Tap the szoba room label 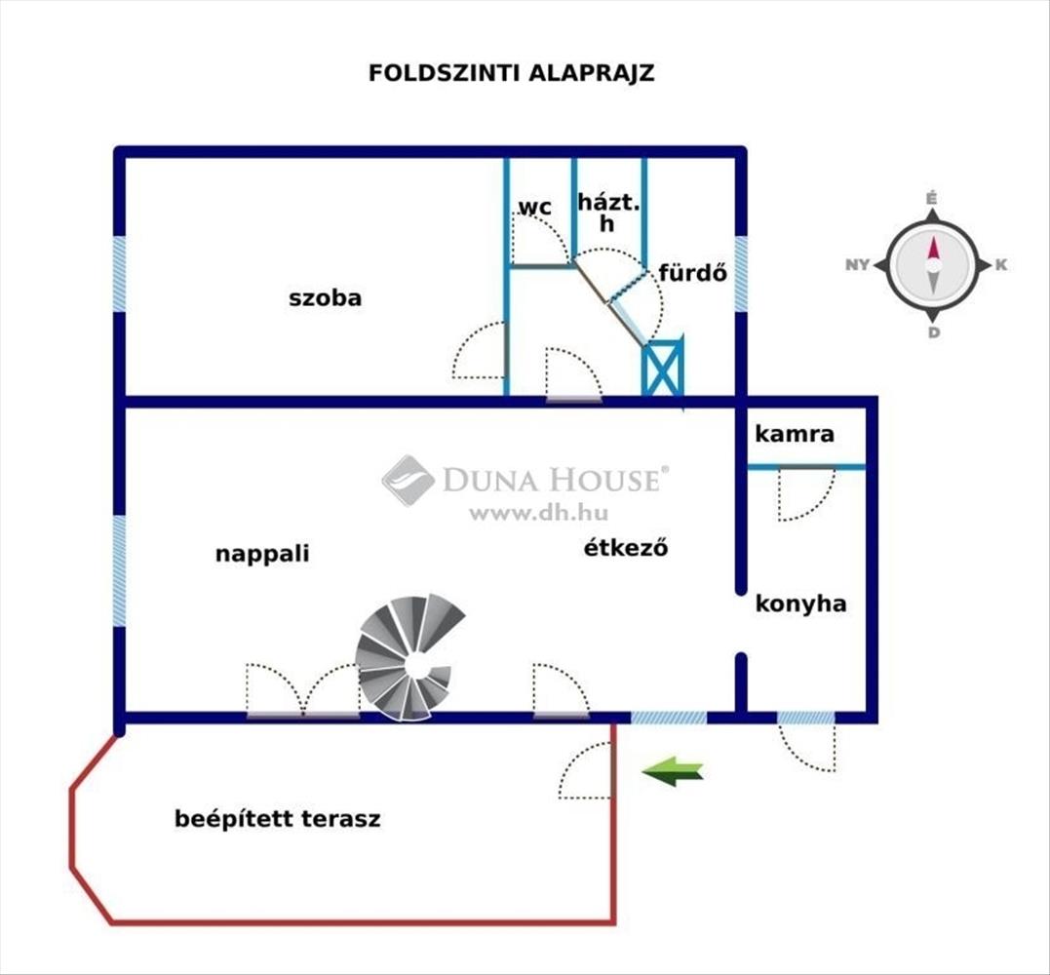pos(325,298)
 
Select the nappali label pos(262,554)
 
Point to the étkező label pos(625,548)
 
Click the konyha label pos(800,604)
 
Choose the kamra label pos(794,434)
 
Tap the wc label pos(534,207)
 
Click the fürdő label pos(693,273)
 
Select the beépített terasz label pos(278,819)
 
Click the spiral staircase pos(408,658)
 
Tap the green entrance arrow pos(673,772)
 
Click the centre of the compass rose pos(933,265)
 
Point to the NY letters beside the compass pos(858,265)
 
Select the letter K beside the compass pos(1001,265)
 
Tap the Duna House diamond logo pos(408,480)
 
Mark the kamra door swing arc pos(806,495)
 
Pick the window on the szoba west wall pos(119,274)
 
